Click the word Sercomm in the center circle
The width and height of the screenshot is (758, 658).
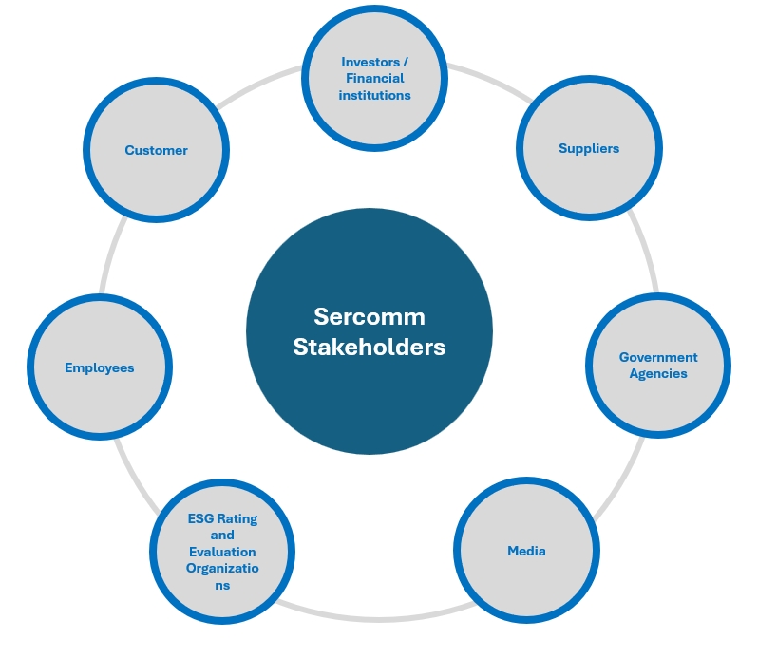(x=370, y=316)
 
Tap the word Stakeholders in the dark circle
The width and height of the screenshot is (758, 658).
(x=370, y=347)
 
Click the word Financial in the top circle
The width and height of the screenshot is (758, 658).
(x=375, y=78)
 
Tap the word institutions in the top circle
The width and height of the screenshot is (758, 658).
(x=375, y=95)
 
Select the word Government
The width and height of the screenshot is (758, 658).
(x=658, y=357)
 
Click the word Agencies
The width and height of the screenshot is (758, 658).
(x=658, y=373)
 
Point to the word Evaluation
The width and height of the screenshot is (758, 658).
(x=222, y=552)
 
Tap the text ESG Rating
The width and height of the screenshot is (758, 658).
(x=222, y=518)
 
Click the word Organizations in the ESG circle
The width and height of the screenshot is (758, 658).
(x=222, y=569)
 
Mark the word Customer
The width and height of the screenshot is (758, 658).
(x=156, y=150)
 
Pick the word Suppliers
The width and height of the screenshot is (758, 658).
(x=589, y=148)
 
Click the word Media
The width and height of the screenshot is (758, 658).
(x=526, y=551)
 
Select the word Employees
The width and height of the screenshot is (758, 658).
(x=100, y=367)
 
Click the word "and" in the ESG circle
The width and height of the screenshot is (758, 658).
(x=222, y=535)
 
